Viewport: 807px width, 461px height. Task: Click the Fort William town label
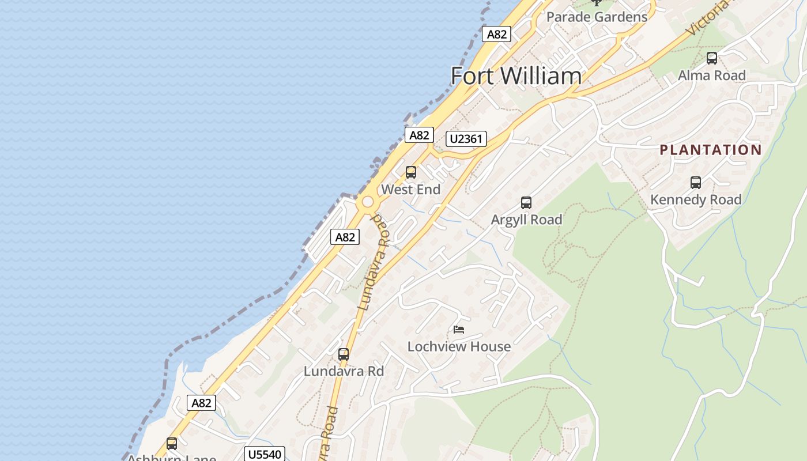516,76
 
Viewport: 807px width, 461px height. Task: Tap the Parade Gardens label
597,17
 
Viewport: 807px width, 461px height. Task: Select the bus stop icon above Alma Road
712,58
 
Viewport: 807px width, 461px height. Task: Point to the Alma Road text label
712,75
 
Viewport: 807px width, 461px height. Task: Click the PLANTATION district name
711,150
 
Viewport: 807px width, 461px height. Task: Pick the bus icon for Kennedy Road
696,183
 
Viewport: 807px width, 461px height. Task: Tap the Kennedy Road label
696,200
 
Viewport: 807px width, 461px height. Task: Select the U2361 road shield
466,139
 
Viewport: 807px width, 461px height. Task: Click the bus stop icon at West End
411,172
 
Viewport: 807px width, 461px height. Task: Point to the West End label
411,190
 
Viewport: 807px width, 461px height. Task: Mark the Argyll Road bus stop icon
526,203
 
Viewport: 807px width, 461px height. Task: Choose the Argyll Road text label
526,220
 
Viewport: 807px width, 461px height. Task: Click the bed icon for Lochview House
459,330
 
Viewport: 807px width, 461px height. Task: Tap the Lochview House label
459,347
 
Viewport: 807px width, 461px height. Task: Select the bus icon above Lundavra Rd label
344,354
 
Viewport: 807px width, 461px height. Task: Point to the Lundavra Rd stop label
344,372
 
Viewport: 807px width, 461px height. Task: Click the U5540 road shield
265,454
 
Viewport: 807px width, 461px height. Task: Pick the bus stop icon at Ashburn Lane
172,444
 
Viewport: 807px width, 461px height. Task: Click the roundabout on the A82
367,203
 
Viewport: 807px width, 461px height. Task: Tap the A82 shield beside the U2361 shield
419,135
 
